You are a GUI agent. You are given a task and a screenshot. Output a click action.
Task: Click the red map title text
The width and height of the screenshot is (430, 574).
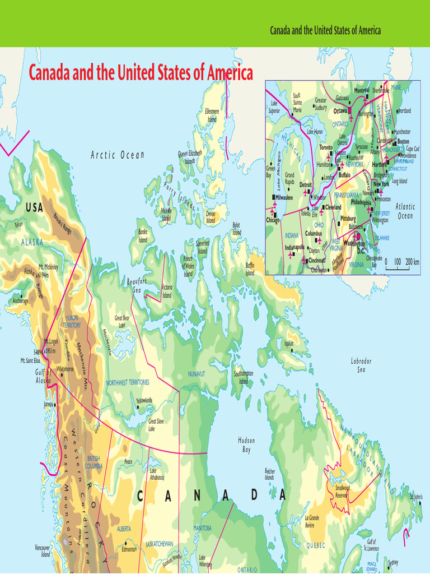pyautogui.click(x=141, y=72)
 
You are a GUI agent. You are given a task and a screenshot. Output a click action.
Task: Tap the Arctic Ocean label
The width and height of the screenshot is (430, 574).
pyautogui.click(x=118, y=155)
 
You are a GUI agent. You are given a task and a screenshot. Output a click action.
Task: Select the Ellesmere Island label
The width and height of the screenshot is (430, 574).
pyautogui.click(x=212, y=115)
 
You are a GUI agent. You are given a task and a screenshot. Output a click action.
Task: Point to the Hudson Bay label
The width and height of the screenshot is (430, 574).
pyautogui.click(x=246, y=445)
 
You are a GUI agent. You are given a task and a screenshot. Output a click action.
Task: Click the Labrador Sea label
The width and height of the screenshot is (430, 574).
pyautogui.click(x=361, y=365)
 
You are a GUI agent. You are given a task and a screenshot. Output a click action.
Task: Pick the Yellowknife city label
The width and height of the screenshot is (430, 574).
pyautogui.click(x=144, y=401)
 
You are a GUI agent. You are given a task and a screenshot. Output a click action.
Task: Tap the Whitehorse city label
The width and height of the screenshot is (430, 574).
pyautogui.click(x=65, y=369)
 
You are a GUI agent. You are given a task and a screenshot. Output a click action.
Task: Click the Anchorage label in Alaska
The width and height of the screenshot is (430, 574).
pyautogui.click(x=20, y=301)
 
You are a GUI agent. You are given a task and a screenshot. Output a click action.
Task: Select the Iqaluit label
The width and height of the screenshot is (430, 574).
pyautogui.click(x=289, y=344)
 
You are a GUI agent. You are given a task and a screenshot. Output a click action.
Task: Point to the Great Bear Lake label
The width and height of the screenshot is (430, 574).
pyautogui.click(x=122, y=321)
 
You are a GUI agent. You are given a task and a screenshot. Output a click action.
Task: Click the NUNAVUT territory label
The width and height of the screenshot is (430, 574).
pyautogui.click(x=197, y=373)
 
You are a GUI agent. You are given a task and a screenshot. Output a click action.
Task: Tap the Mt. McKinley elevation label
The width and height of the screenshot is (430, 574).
pyautogui.click(x=48, y=271)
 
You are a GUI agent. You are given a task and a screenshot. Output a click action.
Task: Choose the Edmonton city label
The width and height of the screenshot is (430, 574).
pyautogui.click(x=129, y=549)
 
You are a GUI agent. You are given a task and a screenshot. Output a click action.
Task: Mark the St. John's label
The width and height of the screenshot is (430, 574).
pyautogui.click(x=415, y=497)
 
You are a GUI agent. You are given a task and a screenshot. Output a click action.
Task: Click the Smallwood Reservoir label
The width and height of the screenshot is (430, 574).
pyautogui.click(x=343, y=492)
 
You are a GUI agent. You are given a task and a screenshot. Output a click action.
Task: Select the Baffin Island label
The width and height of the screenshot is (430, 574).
pyautogui.click(x=250, y=269)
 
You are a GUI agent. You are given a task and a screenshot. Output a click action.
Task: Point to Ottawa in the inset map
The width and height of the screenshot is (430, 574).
pyautogui.click(x=341, y=111)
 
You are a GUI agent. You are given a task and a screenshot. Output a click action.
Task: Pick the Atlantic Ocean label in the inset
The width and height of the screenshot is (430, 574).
pyautogui.click(x=405, y=211)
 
